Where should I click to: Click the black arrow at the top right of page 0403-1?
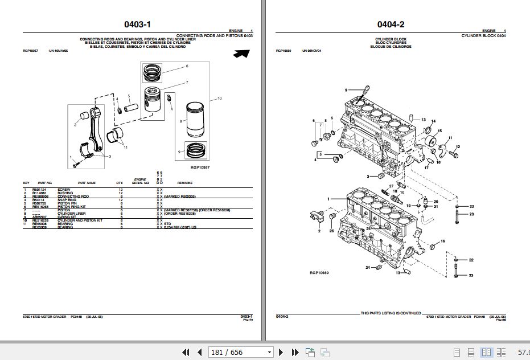(x=241, y=54)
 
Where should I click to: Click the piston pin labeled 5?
(x=135, y=105)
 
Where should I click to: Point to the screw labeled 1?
(x=76, y=165)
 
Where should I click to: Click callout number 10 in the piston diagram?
(x=219, y=99)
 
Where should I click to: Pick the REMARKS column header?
(x=185, y=183)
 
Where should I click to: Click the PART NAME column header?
(x=87, y=183)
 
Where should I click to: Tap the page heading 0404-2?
(x=391, y=24)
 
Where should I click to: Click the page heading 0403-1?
(x=137, y=24)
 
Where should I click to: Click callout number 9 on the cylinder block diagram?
(x=345, y=90)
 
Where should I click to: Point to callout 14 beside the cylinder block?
(x=433, y=121)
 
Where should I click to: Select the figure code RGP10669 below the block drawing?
(x=319, y=273)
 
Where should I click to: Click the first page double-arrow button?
(x=184, y=352)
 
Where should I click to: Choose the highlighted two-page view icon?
(x=486, y=352)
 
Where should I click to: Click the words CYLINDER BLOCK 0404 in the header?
(x=483, y=35)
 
